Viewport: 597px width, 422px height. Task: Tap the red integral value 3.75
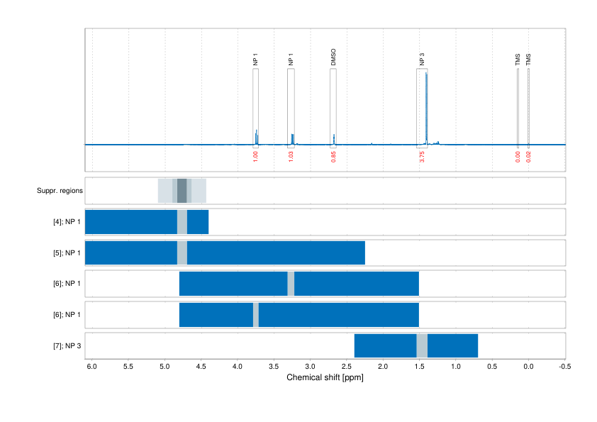pyautogui.click(x=422, y=157)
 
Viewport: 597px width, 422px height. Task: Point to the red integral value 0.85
pyautogui.click(x=333, y=157)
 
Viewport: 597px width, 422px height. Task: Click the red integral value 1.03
pyautogui.click(x=291, y=157)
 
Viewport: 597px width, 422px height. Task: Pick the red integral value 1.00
pyautogui.click(x=255, y=157)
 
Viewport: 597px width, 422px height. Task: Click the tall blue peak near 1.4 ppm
pyautogui.click(x=426, y=106)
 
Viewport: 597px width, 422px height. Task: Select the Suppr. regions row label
pyautogui.click(x=60, y=191)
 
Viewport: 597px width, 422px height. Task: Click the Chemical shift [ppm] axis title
pyautogui.click(x=325, y=377)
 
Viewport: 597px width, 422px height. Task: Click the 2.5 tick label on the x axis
pyautogui.click(x=346, y=366)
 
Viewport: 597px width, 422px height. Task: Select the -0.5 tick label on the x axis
pyautogui.click(x=564, y=366)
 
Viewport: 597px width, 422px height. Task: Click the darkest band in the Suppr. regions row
pyautogui.click(x=182, y=191)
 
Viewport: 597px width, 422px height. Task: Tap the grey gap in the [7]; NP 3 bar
pyautogui.click(x=422, y=345)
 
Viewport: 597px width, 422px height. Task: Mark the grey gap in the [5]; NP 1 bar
pyautogui.click(x=182, y=253)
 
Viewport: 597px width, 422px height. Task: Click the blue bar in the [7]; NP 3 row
pyautogui.click(x=454, y=345)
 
